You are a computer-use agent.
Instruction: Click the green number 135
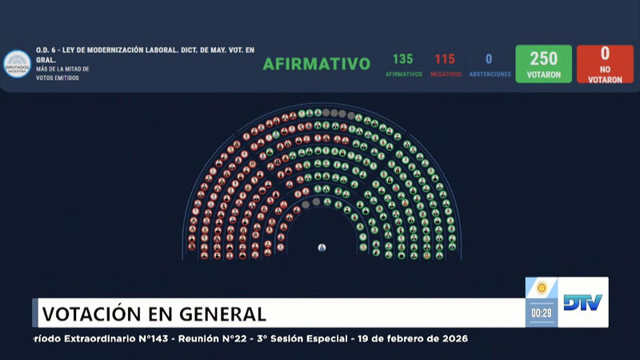[402, 59]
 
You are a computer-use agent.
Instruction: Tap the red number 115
[445, 59]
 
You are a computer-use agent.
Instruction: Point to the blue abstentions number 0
[489, 59]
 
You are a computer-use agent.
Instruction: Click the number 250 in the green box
[543, 58]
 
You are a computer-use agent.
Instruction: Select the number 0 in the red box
[605, 54]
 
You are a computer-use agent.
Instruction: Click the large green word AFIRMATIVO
[317, 64]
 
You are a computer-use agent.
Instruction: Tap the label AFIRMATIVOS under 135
[402, 74]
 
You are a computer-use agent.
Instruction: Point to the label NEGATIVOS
[445, 74]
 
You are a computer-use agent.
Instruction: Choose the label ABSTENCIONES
[490, 74]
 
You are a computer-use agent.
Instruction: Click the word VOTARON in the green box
[543, 75]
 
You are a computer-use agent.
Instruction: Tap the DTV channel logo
[583, 302]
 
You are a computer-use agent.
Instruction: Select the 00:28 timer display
[542, 313]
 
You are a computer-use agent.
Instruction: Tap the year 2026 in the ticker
[451, 339]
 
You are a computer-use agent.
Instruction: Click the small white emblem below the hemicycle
[322, 247]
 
